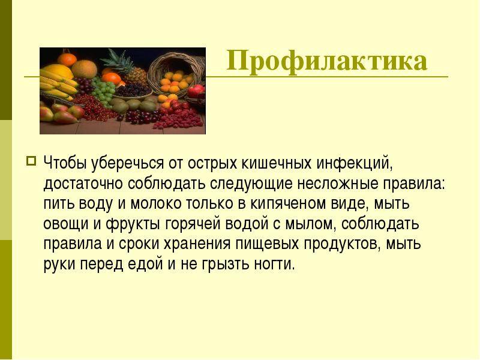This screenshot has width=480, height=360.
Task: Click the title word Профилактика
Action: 326,62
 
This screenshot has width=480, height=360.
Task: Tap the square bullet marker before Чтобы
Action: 32,160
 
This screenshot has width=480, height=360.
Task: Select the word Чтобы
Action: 64,163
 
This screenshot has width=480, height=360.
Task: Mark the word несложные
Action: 337,184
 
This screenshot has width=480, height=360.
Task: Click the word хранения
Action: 197,244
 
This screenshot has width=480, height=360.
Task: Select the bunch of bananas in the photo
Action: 58,84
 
